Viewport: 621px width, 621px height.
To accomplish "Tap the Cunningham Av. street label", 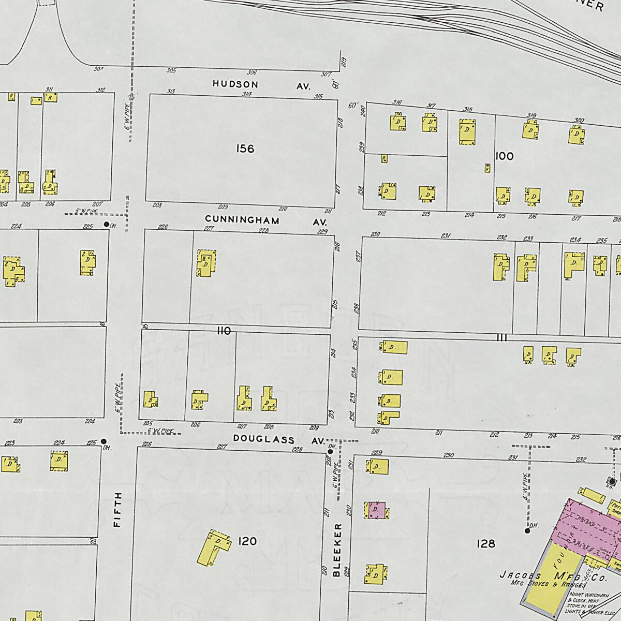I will click(x=264, y=220).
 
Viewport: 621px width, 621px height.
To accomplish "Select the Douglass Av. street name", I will click(x=278, y=440).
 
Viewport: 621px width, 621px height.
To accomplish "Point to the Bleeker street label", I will click(x=337, y=550).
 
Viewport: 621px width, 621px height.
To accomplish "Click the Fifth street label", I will click(x=117, y=509).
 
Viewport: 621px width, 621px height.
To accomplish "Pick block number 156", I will click(x=245, y=149).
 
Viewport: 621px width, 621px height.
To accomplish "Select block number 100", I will click(x=504, y=156).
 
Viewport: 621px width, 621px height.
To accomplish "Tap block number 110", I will click(x=224, y=331).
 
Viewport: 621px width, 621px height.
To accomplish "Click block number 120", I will click(x=247, y=541).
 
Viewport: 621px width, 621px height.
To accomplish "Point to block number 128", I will click(x=486, y=543).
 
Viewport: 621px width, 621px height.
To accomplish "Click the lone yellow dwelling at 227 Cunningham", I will click(x=205, y=263).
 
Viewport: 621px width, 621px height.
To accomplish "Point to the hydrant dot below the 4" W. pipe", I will click(x=527, y=530).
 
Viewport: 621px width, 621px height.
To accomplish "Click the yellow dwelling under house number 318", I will click(x=467, y=131).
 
